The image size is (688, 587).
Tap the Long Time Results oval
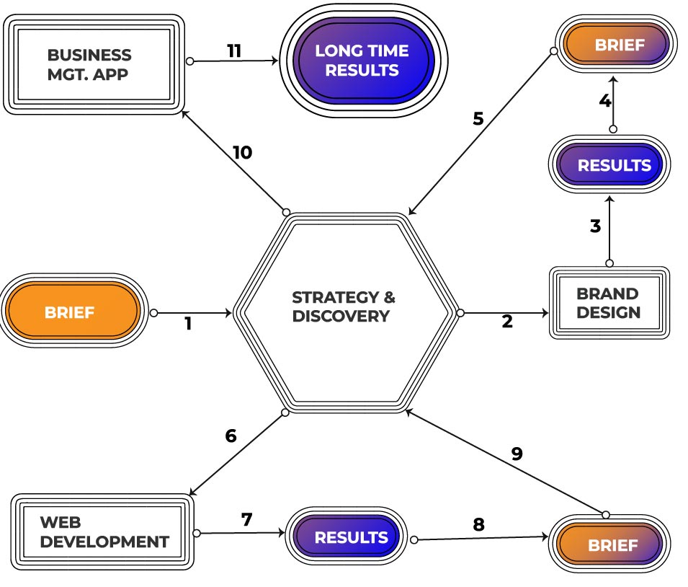click(361, 61)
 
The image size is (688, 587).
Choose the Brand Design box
click(609, 303)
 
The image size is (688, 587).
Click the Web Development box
click(103, 532)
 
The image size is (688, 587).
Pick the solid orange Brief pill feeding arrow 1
click(71, 312)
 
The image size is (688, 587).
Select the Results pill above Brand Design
click(609, 164)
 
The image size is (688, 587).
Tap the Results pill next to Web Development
click(351, 537)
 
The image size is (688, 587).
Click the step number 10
click(242, 153)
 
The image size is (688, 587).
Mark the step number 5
click(478, 118)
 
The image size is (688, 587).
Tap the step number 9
click(517, 454)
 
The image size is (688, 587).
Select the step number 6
click(231, 436)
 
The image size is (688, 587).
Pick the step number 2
click(507, 322)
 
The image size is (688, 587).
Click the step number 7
click(247, 519)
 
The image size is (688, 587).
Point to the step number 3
click(595, 226)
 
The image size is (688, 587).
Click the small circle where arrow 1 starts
click(153, 313)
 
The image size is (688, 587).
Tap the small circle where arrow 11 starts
click(190, 61)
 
